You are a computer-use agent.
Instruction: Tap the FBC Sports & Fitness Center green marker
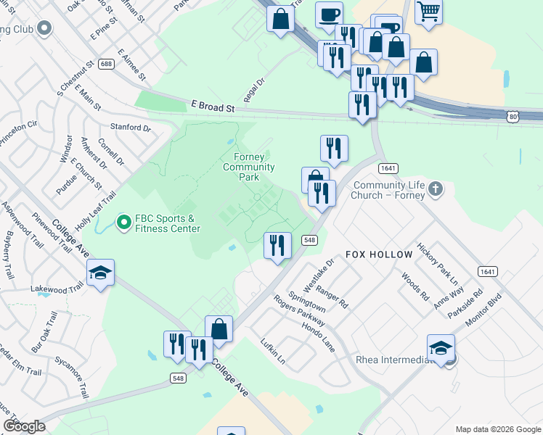click(x=123, y=221)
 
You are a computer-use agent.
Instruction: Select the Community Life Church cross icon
click(x=435, y=189)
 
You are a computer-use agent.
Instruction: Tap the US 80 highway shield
click(x=513, y=115)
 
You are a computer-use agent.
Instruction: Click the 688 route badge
click(x=107, y=64)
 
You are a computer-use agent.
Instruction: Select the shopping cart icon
click(x=429, y=10)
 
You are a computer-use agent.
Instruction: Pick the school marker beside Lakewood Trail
click(x=99, y=273)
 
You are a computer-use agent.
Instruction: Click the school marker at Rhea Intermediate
click(x=441, y=348)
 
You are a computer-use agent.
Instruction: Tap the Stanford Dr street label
click(x=131, y=128)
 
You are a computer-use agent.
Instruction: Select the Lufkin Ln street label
click(x=273, y=355)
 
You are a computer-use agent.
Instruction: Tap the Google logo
click(x=25, y=427)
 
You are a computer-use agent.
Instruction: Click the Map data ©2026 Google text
click(x=497, y=429)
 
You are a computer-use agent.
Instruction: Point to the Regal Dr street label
click(x=255, y=91)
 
